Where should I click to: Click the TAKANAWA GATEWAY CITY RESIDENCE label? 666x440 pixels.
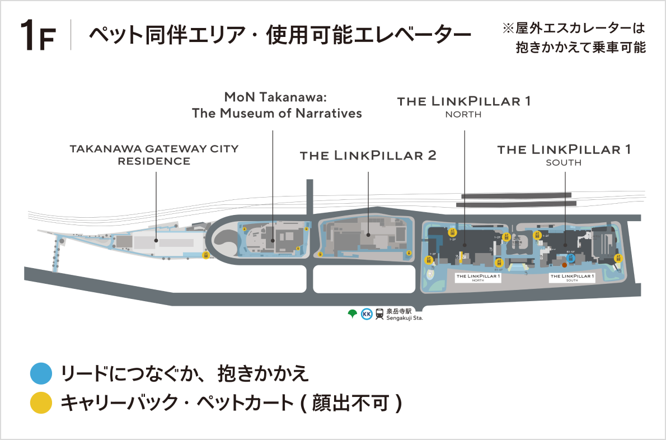(x=154, y=155)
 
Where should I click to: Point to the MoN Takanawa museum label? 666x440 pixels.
(x=276, y=105)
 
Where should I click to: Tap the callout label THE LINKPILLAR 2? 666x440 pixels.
(x=368, y=156)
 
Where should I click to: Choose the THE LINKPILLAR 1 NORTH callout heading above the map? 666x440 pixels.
(x=463, y=106)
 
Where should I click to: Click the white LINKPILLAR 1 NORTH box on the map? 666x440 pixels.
(x=477, y=278)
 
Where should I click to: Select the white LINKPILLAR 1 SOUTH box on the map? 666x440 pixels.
(x=571, y=278)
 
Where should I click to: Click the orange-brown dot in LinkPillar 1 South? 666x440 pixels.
(x=564, y=264)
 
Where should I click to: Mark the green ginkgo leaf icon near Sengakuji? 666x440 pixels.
(x=352, y=313)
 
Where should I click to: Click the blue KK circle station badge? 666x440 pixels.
(x=367, y=314)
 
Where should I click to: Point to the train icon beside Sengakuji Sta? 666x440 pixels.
(x=380, y=314)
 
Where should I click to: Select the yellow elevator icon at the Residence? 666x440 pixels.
(x=206, y=255)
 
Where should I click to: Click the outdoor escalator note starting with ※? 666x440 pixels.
(x=574, y=38)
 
